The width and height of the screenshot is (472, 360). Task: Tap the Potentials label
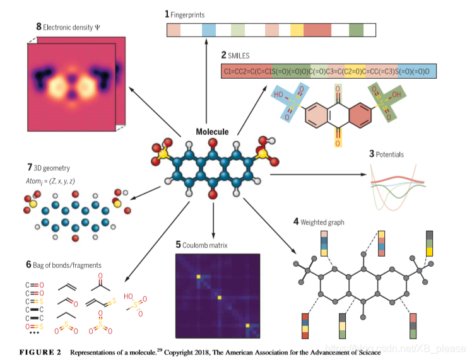tap(389, 154)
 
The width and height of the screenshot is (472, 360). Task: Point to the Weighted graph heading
tap(326, 222)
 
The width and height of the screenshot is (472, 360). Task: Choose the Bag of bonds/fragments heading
tap(66, 265)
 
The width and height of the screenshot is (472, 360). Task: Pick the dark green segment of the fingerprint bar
tap(356, 30)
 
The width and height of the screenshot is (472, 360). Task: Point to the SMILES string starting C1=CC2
tap(329, 72)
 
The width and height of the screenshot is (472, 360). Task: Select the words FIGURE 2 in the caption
tap(40, 351)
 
